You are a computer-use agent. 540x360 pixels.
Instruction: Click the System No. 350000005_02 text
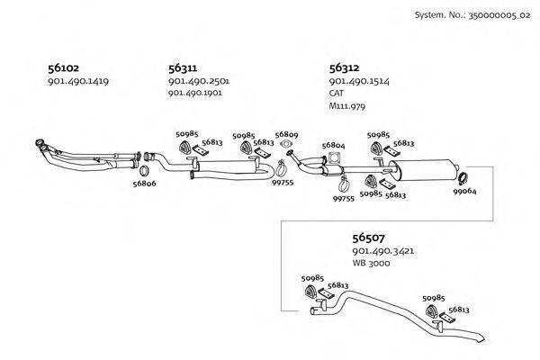pyautogui.click(x=472, y=14)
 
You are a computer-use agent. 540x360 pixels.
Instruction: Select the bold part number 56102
pyautogui.click(x=63, y=67)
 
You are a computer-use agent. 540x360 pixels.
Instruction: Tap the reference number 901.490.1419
pyautogui.click(x=77, y=82)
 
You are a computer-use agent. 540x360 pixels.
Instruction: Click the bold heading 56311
pyautogui.click(x=183, y=67)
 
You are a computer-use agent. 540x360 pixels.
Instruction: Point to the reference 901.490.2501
pyautogui.click(x=199, y=81)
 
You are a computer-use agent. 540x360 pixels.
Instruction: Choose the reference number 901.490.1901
pyautogui.click(x=198, y=93)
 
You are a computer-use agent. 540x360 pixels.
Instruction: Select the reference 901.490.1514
pyautogui.click(x=359, y=81)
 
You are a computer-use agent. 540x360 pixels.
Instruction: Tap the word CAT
pyautogui.click(x=337, y=93)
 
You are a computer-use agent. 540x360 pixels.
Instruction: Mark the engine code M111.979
pyautogui.click(x=347, y=105)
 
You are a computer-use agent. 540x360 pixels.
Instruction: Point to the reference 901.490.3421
pyautogui.click(x=383, y=252)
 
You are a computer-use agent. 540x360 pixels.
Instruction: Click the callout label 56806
pyautogui.click(x=144, y=184)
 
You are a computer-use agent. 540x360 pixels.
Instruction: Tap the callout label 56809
pyautogui.click(x=286, y=133)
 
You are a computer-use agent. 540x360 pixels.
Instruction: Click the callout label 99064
pyautogui.click(x=464, y=191)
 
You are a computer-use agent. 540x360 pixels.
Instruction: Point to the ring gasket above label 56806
pyautogui.click(x=144, y=170)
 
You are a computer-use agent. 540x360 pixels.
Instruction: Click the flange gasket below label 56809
pyautogui.click(x=286, y=144)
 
